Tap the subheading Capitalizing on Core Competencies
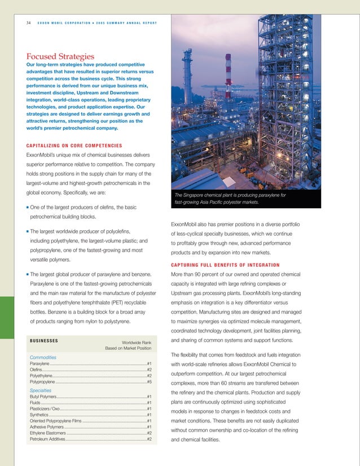[x=74, y=146]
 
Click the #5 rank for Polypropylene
[x=149, y=382]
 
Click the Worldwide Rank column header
[x=137, y=341]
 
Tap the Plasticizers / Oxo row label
[x=45, y=409]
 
